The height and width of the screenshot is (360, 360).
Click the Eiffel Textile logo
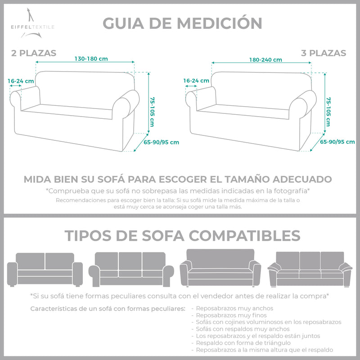pos(32,23)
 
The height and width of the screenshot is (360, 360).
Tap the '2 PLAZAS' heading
pos(34,53)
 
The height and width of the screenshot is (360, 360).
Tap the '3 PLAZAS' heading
pos(324,53)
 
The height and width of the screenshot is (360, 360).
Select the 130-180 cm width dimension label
pos(91,59)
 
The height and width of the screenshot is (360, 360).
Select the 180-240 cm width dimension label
pos(265,60)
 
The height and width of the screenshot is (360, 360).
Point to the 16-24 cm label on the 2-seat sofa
pos(21,81)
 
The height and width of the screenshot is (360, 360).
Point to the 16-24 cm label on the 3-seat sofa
pos(196,81)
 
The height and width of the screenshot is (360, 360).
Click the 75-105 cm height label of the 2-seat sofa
pos(152,112)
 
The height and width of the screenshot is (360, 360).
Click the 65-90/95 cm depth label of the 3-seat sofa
pos(337,142)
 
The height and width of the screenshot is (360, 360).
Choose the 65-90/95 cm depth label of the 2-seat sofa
pos(161,142)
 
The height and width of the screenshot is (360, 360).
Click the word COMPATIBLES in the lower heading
pos(244,235)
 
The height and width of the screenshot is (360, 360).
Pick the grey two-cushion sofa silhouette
pos(45,270)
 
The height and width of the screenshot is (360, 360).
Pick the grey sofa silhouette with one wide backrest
pos(220,268)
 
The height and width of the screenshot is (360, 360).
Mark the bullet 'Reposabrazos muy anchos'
pos(234,308)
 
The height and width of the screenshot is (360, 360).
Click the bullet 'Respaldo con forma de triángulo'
pos(243,343)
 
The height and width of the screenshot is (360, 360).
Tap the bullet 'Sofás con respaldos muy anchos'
pos(243,329)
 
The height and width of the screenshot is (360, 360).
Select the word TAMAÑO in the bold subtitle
pos(247,179)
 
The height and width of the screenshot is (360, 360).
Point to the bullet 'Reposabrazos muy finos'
pos(231,315)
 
